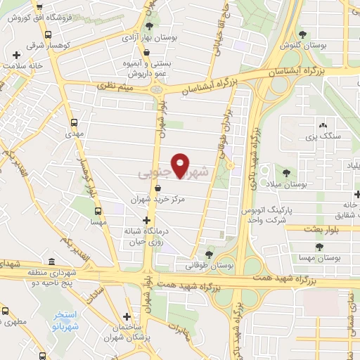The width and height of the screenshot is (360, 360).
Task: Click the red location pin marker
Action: [181, 166]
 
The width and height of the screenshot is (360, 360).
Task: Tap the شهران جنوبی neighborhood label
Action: [174, 172]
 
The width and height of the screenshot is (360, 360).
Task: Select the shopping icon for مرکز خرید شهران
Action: [157, 188]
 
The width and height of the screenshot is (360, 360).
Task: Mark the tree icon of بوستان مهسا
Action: [319, 247]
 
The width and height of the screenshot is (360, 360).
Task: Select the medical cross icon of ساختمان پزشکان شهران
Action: [126, 317]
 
